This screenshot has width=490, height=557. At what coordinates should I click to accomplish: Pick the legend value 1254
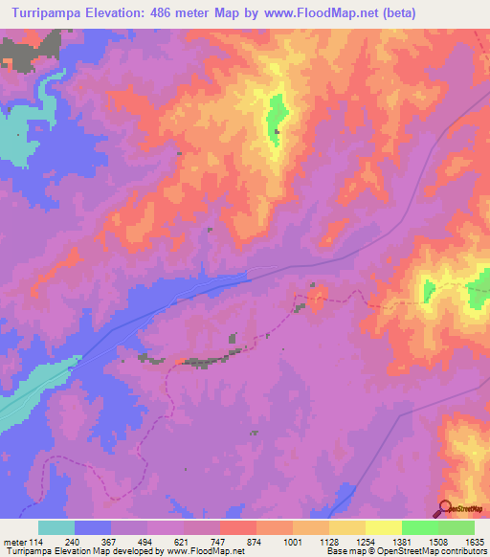[348, 541]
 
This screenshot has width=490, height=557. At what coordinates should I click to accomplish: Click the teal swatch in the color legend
[56, 527]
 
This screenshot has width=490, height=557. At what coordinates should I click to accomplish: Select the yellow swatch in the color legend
[384, 527]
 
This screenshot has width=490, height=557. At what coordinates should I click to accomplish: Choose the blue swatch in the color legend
[93, 527]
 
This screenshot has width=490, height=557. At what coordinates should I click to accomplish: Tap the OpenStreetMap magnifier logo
[447, 510]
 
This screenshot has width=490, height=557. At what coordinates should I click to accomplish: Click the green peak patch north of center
[277, 120]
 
